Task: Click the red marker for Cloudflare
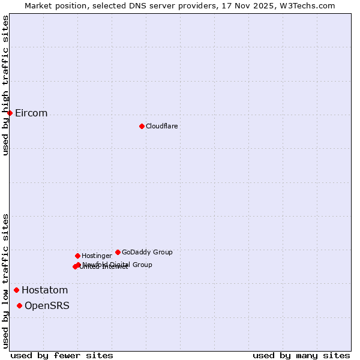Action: coord(142,126)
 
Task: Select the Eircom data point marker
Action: coord(10,113)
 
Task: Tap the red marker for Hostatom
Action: coord(16,290)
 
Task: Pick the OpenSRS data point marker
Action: coord(19,305)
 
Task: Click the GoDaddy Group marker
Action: coord(118,252)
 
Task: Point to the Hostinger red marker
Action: coord(77,256)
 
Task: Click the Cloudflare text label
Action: coord(161,126)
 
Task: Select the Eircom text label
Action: coord(31,113)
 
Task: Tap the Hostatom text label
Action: coord(44,290)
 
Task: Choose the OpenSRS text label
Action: coord(47,305)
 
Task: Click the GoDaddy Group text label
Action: coord(147,252)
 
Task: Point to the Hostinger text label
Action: coord(97,256)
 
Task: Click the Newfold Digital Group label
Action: coord(118,264)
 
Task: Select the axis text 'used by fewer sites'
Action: coord(62,355)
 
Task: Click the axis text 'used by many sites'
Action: coord(301,355)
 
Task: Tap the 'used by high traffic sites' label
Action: coord(5,85)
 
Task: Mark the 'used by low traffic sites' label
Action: coord(5,280)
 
